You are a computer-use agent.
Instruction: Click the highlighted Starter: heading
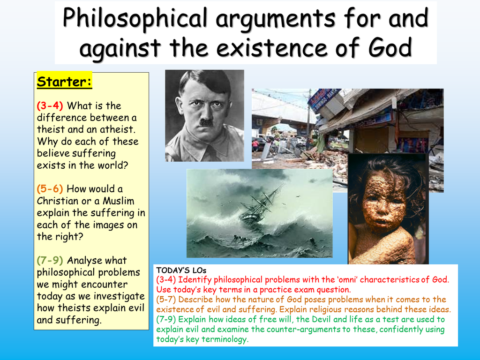(x=64, y=82)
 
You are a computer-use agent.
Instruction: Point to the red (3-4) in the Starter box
(x=50, y=105)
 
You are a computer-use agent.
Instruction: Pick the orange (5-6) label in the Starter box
(x=50, y=188)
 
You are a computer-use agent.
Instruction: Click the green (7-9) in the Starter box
(x=50, y=260)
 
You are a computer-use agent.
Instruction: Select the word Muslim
(x=118, y=201)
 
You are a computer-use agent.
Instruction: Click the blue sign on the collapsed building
(x=322, y=98)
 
